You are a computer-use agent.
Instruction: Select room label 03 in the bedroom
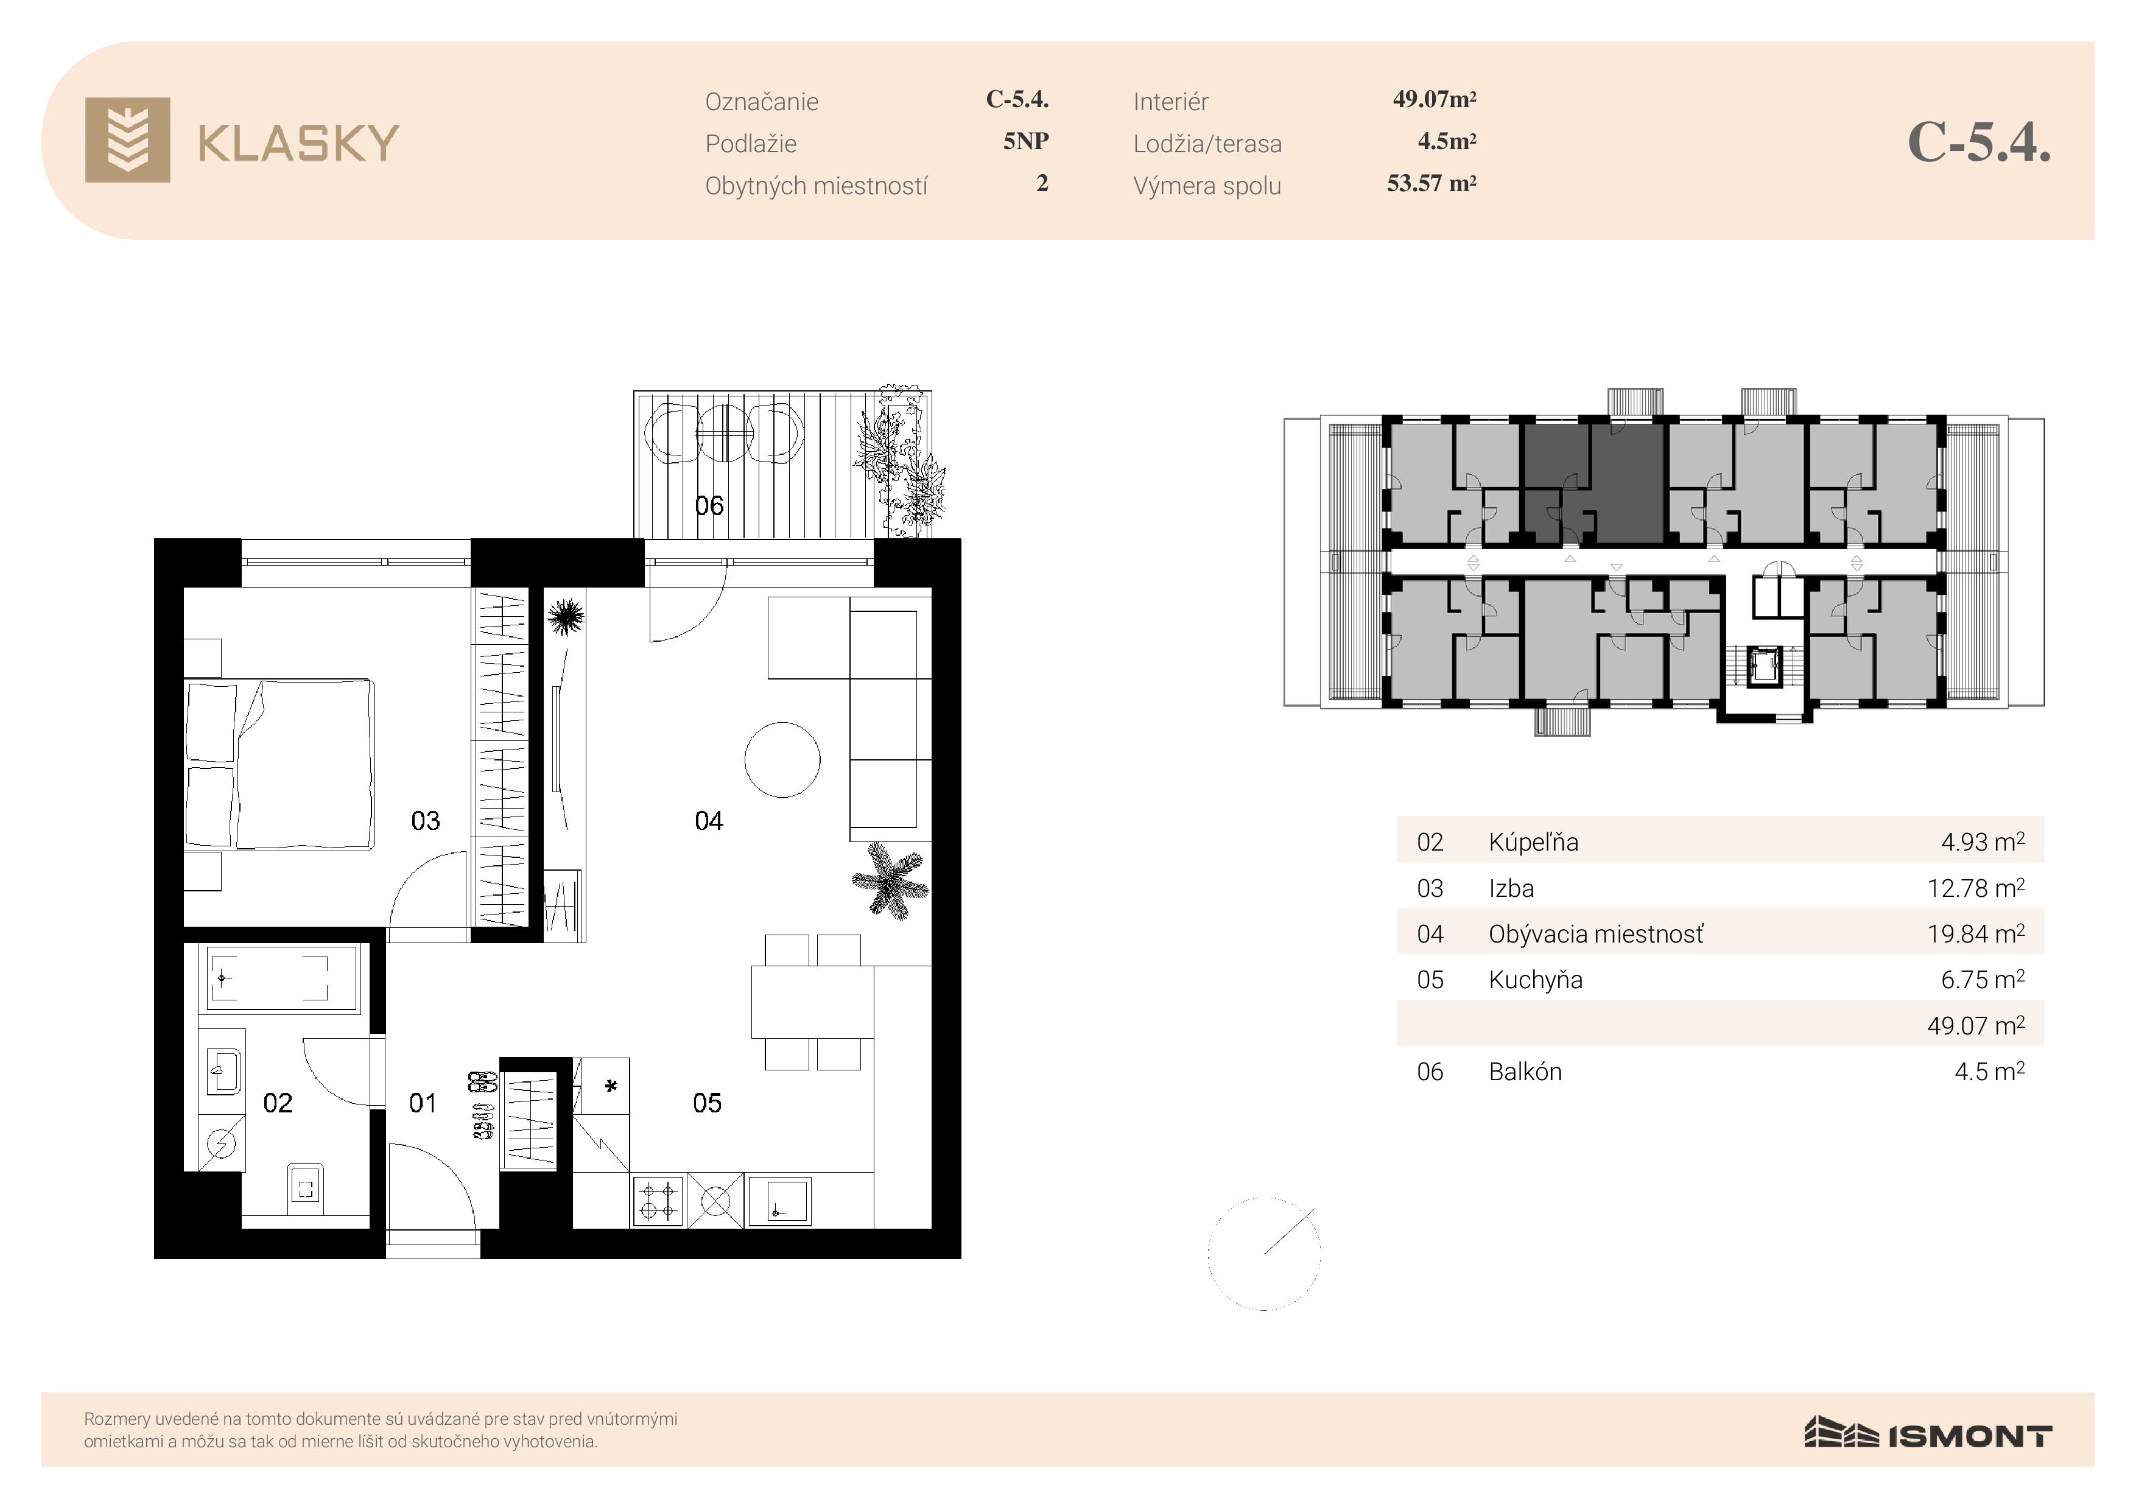(x=425, y=821)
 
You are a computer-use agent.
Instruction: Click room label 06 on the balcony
(x=709, y=505)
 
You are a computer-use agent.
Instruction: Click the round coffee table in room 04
(x=782, y=760)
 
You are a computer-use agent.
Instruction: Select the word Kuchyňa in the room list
(x=1535, y=980)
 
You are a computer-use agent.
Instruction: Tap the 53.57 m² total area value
(x=1432, y=183)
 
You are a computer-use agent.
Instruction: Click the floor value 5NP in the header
(x=1026, y=141)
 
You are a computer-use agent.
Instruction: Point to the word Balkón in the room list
(x=1525, y=1072)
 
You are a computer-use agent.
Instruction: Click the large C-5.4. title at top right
(x=1979, y=142)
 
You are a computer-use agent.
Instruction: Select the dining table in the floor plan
(x=812, y=1002)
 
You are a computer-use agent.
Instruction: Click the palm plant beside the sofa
(x=890, y=880)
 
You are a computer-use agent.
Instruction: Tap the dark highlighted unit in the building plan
(x=1593, y=482)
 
